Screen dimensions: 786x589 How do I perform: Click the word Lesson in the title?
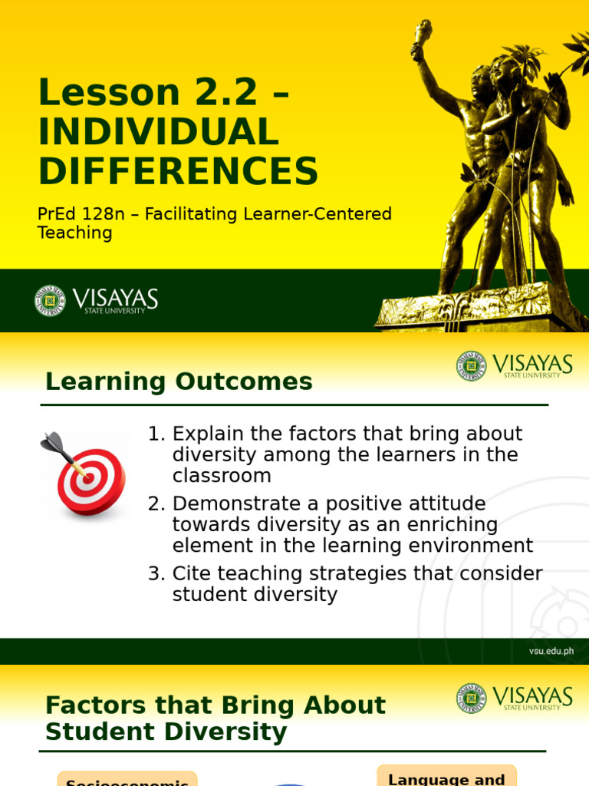pos(108,94)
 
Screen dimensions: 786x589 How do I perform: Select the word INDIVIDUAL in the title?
pos(158,132)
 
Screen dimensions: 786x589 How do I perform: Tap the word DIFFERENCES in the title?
pos(178,171)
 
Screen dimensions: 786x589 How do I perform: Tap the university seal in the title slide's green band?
pos(50,301)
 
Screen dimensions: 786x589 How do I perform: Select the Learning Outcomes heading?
pos(179,381)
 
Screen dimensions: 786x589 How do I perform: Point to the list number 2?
pos(156,504)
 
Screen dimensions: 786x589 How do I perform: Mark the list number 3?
pos(156,574)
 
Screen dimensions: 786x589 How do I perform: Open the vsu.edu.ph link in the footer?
pos(551,651)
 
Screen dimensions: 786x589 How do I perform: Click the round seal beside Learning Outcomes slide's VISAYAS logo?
pos(471,366)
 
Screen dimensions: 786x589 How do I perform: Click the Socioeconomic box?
pos(127,779)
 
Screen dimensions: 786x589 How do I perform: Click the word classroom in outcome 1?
pos(222,476)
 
